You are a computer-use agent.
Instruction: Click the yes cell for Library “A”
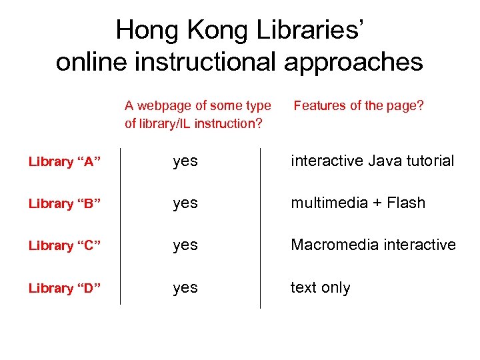point(185,161)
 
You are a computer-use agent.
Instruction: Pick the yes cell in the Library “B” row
point(185,203)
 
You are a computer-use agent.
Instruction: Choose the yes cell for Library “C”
point(185,245)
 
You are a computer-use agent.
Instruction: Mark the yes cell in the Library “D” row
point(185,288)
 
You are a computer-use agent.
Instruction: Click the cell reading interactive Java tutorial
point(372,161)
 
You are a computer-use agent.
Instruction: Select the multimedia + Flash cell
point(357,203)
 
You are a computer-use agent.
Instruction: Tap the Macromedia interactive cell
point(373,245)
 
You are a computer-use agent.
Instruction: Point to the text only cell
point(320,287)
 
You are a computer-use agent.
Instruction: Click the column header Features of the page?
point(359,105)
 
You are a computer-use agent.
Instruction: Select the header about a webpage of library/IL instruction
point(197,114)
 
